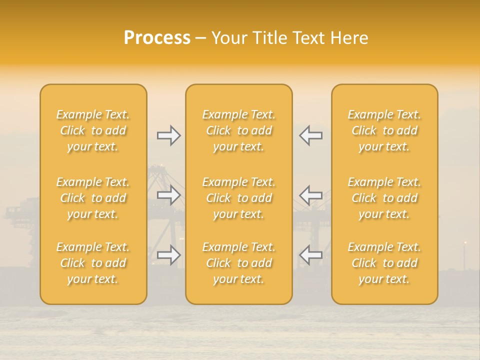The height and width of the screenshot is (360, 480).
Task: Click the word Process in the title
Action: (157, 38)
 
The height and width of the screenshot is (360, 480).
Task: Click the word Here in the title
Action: (349, 38)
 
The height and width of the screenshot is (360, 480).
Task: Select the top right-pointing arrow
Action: (168, 135)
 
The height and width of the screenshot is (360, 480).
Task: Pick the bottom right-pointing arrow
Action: (168, 255)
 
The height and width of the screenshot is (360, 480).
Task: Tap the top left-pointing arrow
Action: (310, 135)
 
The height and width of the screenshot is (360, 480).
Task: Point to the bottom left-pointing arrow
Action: (310, 255)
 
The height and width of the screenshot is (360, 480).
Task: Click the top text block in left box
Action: (93, 130)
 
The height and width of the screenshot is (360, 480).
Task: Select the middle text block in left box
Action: (93, 198)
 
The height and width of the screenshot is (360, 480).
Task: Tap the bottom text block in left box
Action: (93, 263)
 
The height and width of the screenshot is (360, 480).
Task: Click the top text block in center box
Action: (238, 130)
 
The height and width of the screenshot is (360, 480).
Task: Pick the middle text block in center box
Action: (238, 198)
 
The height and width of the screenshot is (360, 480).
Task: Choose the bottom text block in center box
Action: (238, 263)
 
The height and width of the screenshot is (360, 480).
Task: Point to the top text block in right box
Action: (384, 130)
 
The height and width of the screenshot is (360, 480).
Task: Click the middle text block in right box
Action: (384, 198)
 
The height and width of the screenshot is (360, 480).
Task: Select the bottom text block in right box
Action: (384, 263)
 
